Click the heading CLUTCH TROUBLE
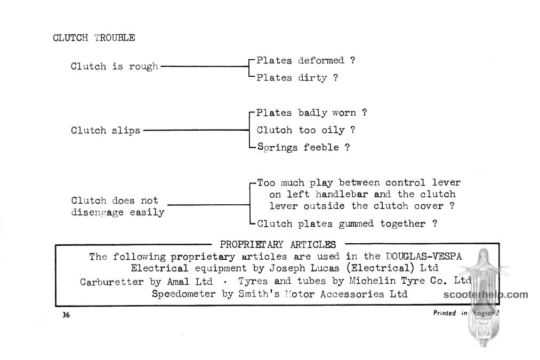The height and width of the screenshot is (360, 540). pos(94,37)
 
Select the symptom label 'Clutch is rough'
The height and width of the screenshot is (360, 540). pos(114,66)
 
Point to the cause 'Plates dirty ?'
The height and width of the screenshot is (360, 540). pos(297,78)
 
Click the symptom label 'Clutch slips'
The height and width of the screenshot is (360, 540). pos(106,130)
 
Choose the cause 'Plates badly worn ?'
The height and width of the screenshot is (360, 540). pos(312,113)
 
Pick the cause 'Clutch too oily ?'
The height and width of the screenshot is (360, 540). pos(306,130)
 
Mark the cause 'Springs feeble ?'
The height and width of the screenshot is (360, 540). pos(303,147)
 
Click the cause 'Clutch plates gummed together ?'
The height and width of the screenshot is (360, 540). pos(347,224)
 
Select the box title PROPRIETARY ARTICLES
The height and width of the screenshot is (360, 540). pos(278,245)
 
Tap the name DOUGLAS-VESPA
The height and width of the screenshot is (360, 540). pos(424,257)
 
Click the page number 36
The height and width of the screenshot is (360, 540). pos(66,315)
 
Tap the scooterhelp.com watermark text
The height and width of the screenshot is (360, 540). pos(486,295)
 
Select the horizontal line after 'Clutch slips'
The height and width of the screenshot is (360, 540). pos(196,130)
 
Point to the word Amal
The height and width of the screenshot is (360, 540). pos(178,282)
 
